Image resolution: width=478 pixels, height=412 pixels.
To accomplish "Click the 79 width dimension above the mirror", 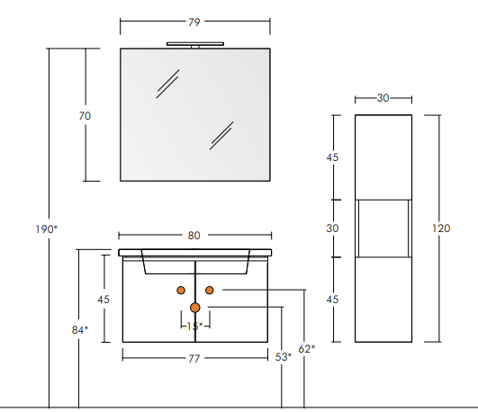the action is coord(194,22).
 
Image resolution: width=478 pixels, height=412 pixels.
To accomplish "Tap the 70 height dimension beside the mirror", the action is coord(85,116).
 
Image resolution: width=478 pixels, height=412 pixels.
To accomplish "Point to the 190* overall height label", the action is coord(46,229).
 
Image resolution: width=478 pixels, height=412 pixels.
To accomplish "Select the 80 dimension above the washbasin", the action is coord(194,236).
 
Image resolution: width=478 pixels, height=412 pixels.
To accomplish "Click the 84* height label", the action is coord(80,330).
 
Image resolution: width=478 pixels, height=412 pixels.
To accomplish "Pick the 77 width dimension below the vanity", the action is coord(194,359).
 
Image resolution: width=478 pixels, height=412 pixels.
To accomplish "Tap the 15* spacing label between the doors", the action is coord(194,327).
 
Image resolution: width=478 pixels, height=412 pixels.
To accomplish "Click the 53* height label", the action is coord(284,357).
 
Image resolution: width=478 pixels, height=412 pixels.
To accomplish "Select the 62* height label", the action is coord(307,349).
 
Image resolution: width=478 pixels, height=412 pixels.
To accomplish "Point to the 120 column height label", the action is coord(441,228).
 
